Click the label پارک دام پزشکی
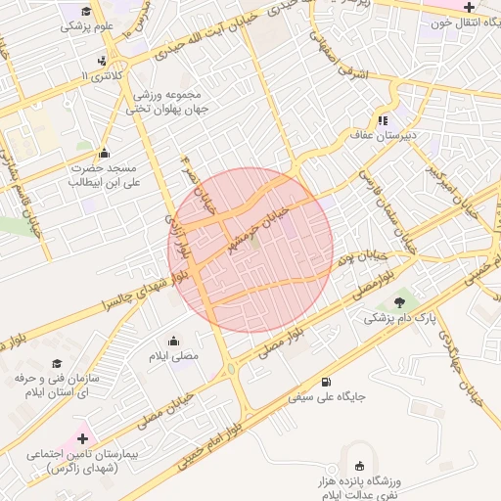399,318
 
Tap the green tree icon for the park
399,301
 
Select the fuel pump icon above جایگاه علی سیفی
325,382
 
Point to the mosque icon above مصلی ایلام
173,341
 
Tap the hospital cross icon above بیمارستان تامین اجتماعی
82,439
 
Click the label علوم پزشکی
88,26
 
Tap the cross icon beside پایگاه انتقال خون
468,7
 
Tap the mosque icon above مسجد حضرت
104,152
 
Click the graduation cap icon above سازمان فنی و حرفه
56,364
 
